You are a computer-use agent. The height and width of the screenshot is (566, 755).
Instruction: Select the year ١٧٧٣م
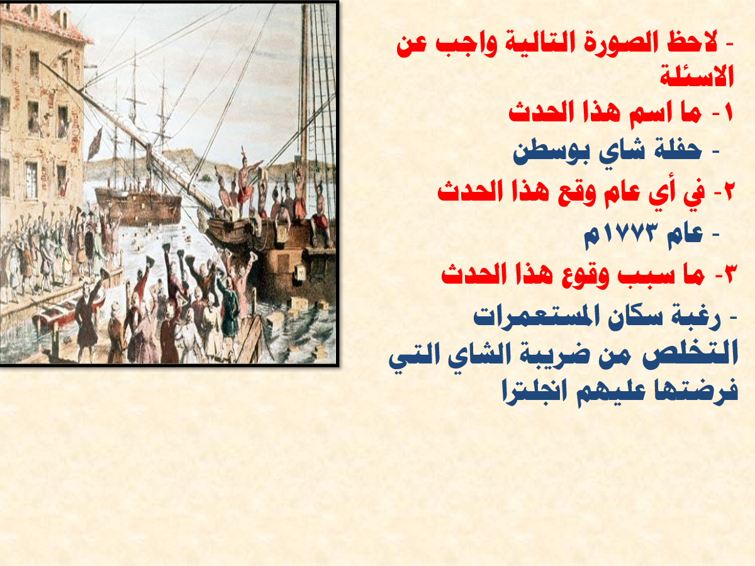618,236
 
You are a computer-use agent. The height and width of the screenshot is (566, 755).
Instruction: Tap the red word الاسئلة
697,75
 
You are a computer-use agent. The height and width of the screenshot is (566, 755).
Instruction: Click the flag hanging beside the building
94,143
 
